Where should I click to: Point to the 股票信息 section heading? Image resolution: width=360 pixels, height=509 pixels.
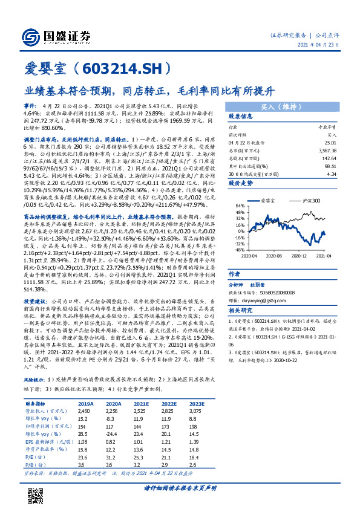coord(241,117)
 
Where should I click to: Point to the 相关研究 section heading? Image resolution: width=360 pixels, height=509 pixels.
coord(241,310)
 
